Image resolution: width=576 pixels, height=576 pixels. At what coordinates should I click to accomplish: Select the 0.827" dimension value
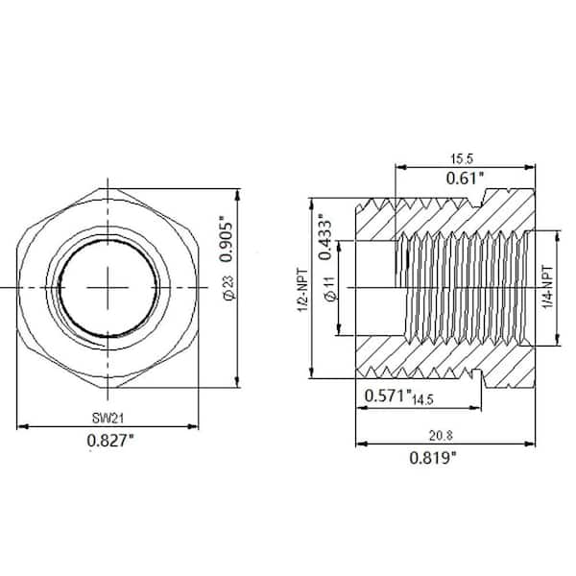tap(108, 441)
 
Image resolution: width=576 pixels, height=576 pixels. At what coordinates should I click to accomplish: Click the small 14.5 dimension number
tap(424, 397)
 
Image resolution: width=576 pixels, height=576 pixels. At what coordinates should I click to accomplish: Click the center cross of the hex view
tap(108, 286)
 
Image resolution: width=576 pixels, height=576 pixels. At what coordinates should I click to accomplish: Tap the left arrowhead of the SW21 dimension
tap(22, 426)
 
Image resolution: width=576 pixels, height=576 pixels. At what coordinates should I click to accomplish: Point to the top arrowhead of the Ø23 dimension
tap(239, 189)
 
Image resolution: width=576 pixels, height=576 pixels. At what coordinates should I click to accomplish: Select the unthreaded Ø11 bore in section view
tap(374, 287)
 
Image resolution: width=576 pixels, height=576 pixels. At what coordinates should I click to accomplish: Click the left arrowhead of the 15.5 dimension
tap(397, 168)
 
